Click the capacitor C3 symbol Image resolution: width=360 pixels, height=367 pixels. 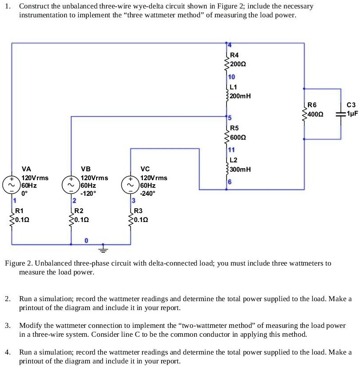(x=341, y=113)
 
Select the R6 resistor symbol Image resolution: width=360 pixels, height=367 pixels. (x=304, y=113)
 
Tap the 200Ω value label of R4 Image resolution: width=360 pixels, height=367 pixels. (x=238, y=64)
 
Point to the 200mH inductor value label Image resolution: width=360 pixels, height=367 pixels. (x=241, y=96)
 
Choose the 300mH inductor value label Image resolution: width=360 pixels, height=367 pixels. (x=241, y=169)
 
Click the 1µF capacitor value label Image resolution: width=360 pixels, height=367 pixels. (x=352, y=113)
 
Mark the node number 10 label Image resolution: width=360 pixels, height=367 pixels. (x=231, y=77)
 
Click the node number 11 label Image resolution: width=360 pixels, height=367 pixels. (x=231, y=150)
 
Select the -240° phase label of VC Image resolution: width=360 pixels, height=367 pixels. (x=148, y=194)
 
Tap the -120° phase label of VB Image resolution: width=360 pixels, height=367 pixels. (x=88, y=194)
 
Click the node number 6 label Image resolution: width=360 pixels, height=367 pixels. (x=230, y=182)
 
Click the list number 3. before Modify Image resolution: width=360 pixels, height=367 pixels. (x=8, y=326)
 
